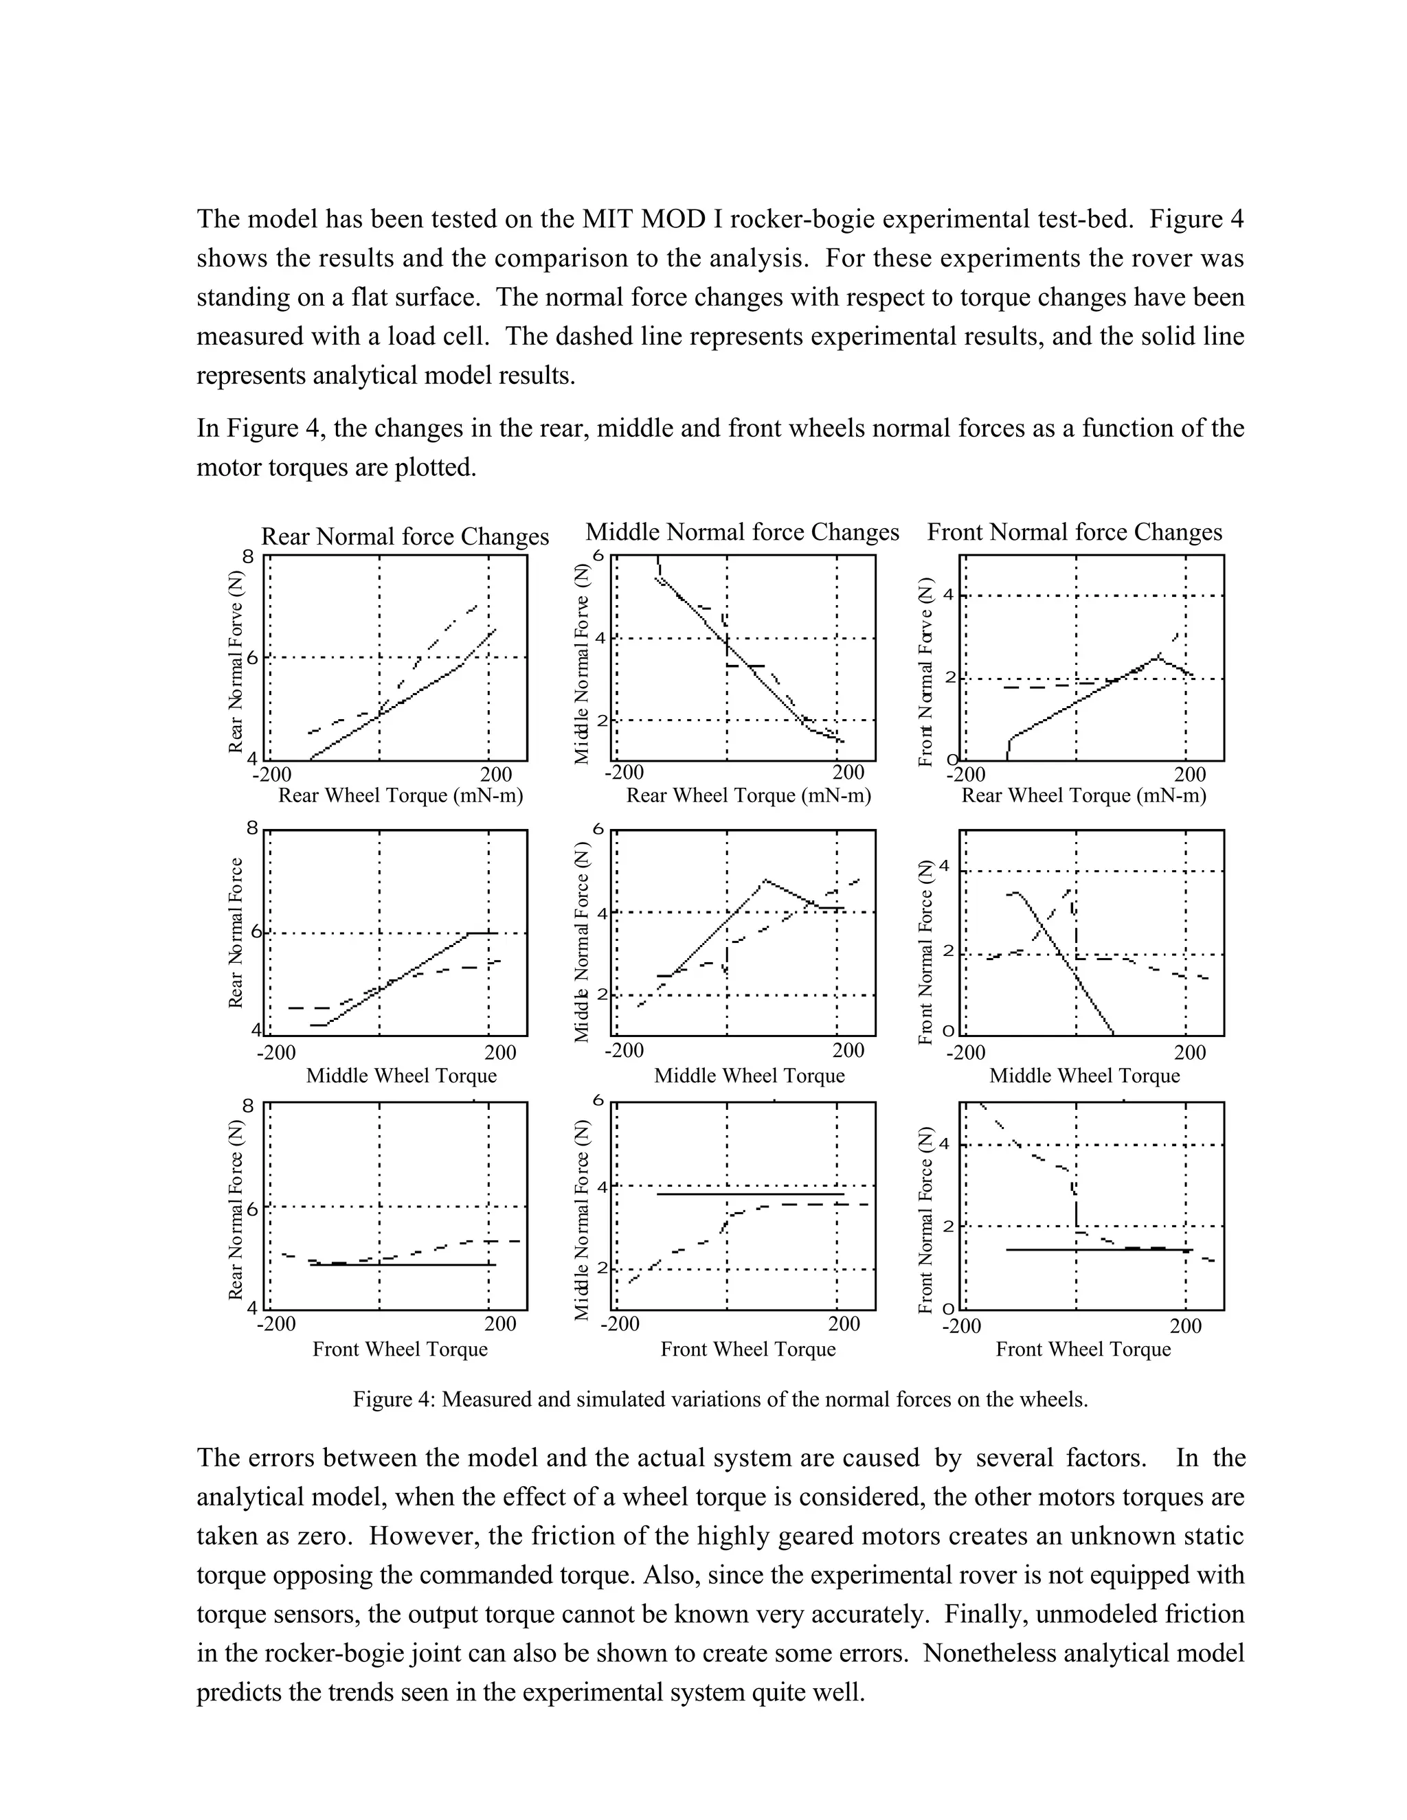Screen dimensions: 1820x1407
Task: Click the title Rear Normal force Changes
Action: [x=405, y=536]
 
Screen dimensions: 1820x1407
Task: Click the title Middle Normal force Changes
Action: [x=742, y=532]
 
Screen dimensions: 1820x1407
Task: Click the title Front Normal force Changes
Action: [x=1074, y=532]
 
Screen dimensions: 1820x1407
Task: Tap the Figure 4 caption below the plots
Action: [x=720, y=1399]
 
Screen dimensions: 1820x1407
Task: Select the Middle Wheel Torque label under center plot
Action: [x=749, y=1076]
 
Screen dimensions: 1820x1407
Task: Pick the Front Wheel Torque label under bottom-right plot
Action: [x=1083, y=1349]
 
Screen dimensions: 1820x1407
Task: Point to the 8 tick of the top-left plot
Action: [x=247, y=557]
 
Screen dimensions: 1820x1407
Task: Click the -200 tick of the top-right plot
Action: [x=966, y=775]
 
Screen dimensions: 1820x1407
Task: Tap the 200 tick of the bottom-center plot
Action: [x=844, y=1324]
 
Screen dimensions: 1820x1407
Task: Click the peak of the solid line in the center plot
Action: [x=765, y=880]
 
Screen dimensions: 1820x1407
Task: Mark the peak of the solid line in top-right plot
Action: [x=1158, y=657]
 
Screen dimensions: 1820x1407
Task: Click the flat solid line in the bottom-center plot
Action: [x=750, y=1194]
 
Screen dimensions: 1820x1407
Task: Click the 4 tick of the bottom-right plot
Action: [x=945, y=1144]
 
